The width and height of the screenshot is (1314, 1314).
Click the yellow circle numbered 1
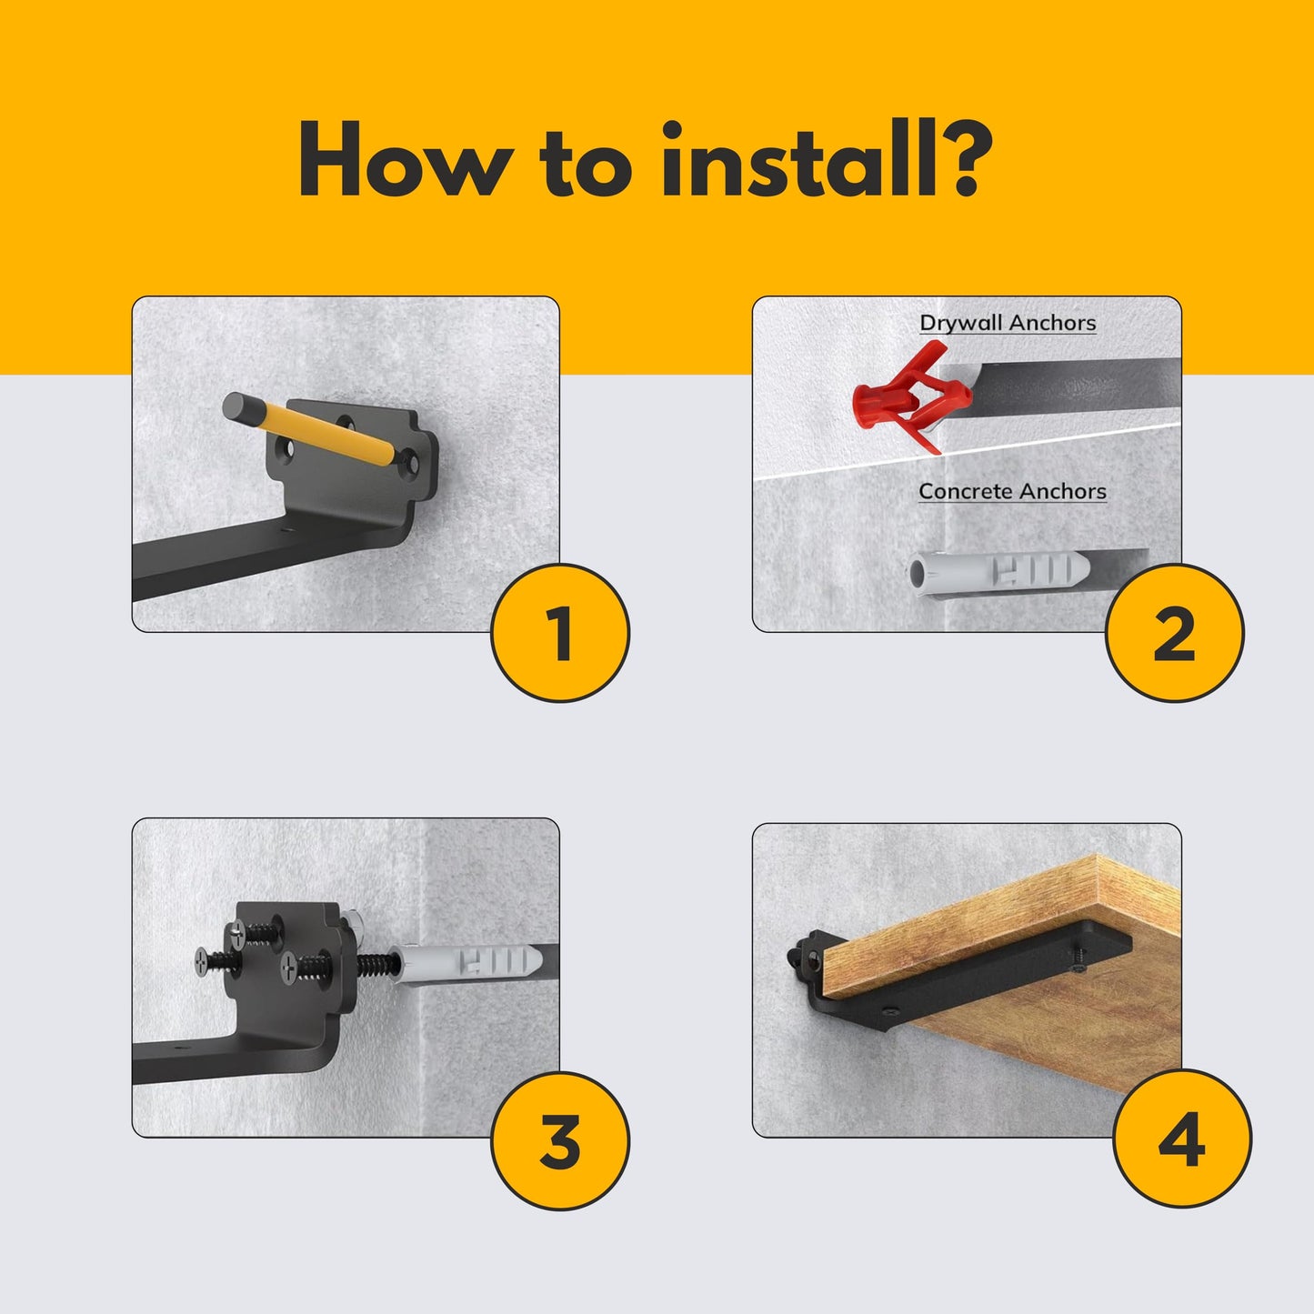tap(559, 633)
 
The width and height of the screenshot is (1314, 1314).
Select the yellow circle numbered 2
tap(1174, 633)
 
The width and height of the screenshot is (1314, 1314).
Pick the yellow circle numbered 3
tap(559, 1140)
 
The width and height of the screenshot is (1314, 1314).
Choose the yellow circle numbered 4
tap(1181, 1140)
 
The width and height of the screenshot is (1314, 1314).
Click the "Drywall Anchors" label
tap(1008, 323)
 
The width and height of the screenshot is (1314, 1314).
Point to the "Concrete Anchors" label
tap(1012, 491)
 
